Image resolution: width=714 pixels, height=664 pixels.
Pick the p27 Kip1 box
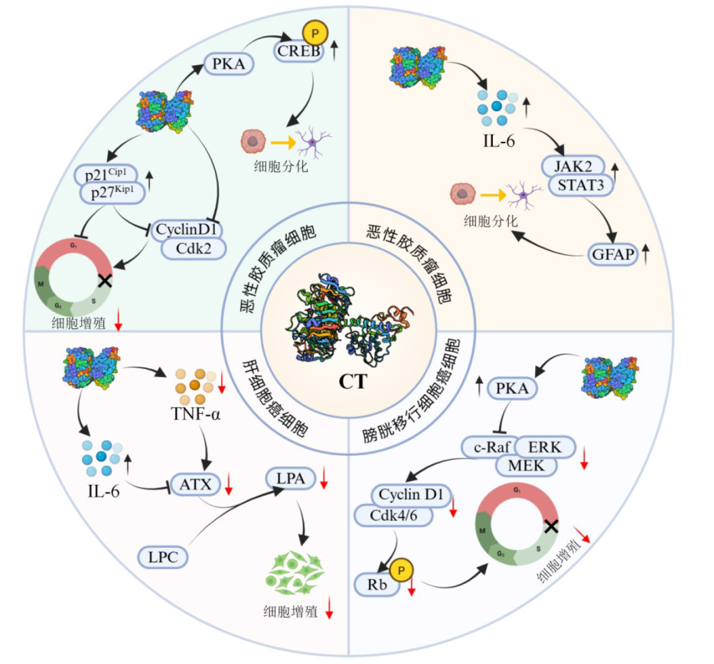coord(114,191)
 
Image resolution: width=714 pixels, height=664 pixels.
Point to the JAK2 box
coord(572,166)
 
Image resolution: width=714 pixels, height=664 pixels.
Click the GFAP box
coord(613,255)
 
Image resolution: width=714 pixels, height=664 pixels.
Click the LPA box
coord(289,480)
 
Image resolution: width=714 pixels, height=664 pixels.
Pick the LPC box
coord(163,557)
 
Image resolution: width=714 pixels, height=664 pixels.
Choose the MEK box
coord(525,464)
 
